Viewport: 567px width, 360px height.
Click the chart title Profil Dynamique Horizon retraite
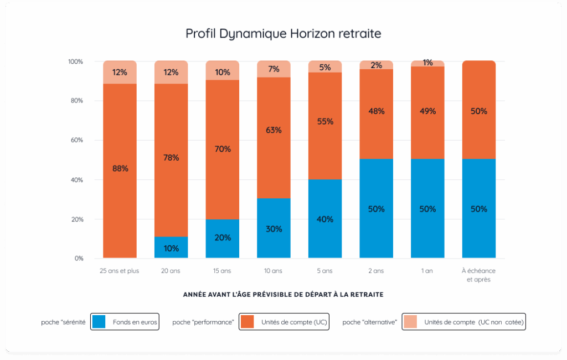(283, 34)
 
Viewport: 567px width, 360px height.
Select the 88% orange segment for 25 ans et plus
(120, 169)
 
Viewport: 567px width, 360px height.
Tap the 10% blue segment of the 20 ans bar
(171, 248)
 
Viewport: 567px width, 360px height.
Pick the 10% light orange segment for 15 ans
(223, 71)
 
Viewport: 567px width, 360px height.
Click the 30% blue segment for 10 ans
(274, 228)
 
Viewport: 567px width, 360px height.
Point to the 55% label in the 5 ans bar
(325, 121)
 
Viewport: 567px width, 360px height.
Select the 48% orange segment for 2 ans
(377, 111)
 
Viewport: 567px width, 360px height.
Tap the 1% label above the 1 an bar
(427, 63)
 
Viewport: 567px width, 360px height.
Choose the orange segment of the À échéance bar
(479, 110)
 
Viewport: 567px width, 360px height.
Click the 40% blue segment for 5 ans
(325, 219)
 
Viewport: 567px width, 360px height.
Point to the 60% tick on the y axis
(76, 140)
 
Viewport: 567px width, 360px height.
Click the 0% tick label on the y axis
(79, 259)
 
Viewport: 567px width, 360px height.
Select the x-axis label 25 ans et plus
(120, 271)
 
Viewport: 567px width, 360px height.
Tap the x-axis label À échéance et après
(479, 275)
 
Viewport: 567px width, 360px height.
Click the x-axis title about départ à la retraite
(283, 295)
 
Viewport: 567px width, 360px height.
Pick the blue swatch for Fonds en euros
(99, 321)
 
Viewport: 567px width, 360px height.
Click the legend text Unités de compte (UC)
(293, 322)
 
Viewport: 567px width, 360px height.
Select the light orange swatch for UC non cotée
(410, 321)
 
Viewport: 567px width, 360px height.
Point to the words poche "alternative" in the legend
(370, 322)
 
